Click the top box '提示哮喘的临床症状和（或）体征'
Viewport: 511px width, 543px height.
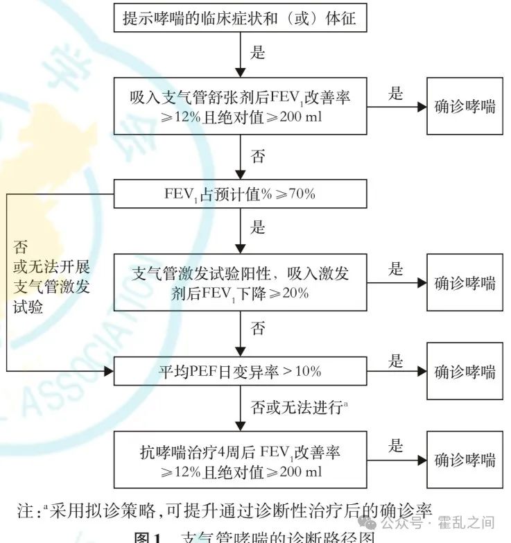(240, 18)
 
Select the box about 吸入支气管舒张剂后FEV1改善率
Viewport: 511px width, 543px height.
(240, 106)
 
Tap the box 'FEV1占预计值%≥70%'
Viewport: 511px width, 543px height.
(240, 194)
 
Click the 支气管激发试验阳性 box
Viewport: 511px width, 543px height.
(240, 282)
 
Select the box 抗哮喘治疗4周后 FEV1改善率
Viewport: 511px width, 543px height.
(240, 460)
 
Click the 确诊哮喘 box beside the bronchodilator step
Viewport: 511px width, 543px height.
(465, 106)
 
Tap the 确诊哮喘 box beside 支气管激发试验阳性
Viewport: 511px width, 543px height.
(465, 282)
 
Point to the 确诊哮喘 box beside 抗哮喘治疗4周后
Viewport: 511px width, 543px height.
(465, 460)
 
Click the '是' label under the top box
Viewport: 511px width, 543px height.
(257, 52)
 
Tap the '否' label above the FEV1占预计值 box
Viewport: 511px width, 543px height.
(257, 157)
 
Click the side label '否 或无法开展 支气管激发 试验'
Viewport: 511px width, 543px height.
(52, 277)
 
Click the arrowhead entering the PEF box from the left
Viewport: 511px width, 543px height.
(108, 371)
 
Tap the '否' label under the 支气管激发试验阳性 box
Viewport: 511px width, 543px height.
(257, 328)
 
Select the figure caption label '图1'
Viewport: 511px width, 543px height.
(147, 538)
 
